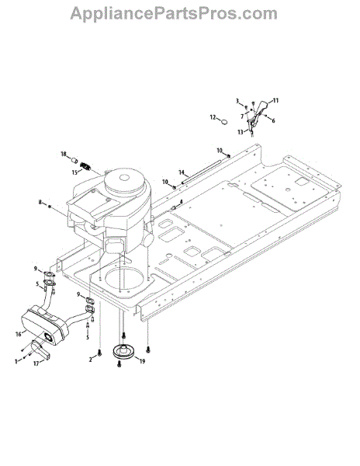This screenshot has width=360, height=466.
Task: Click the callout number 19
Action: (x=142, y=361)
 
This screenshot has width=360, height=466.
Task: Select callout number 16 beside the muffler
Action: (x=19, y=334)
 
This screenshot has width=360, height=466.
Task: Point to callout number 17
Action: (x=36, y=363)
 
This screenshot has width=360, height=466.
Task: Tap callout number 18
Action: (x=64, y=154)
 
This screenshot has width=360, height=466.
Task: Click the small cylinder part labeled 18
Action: (x=74, y=161)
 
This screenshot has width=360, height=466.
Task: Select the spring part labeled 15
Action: (x=86, y=166)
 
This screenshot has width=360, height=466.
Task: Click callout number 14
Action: (x=182, y=172)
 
